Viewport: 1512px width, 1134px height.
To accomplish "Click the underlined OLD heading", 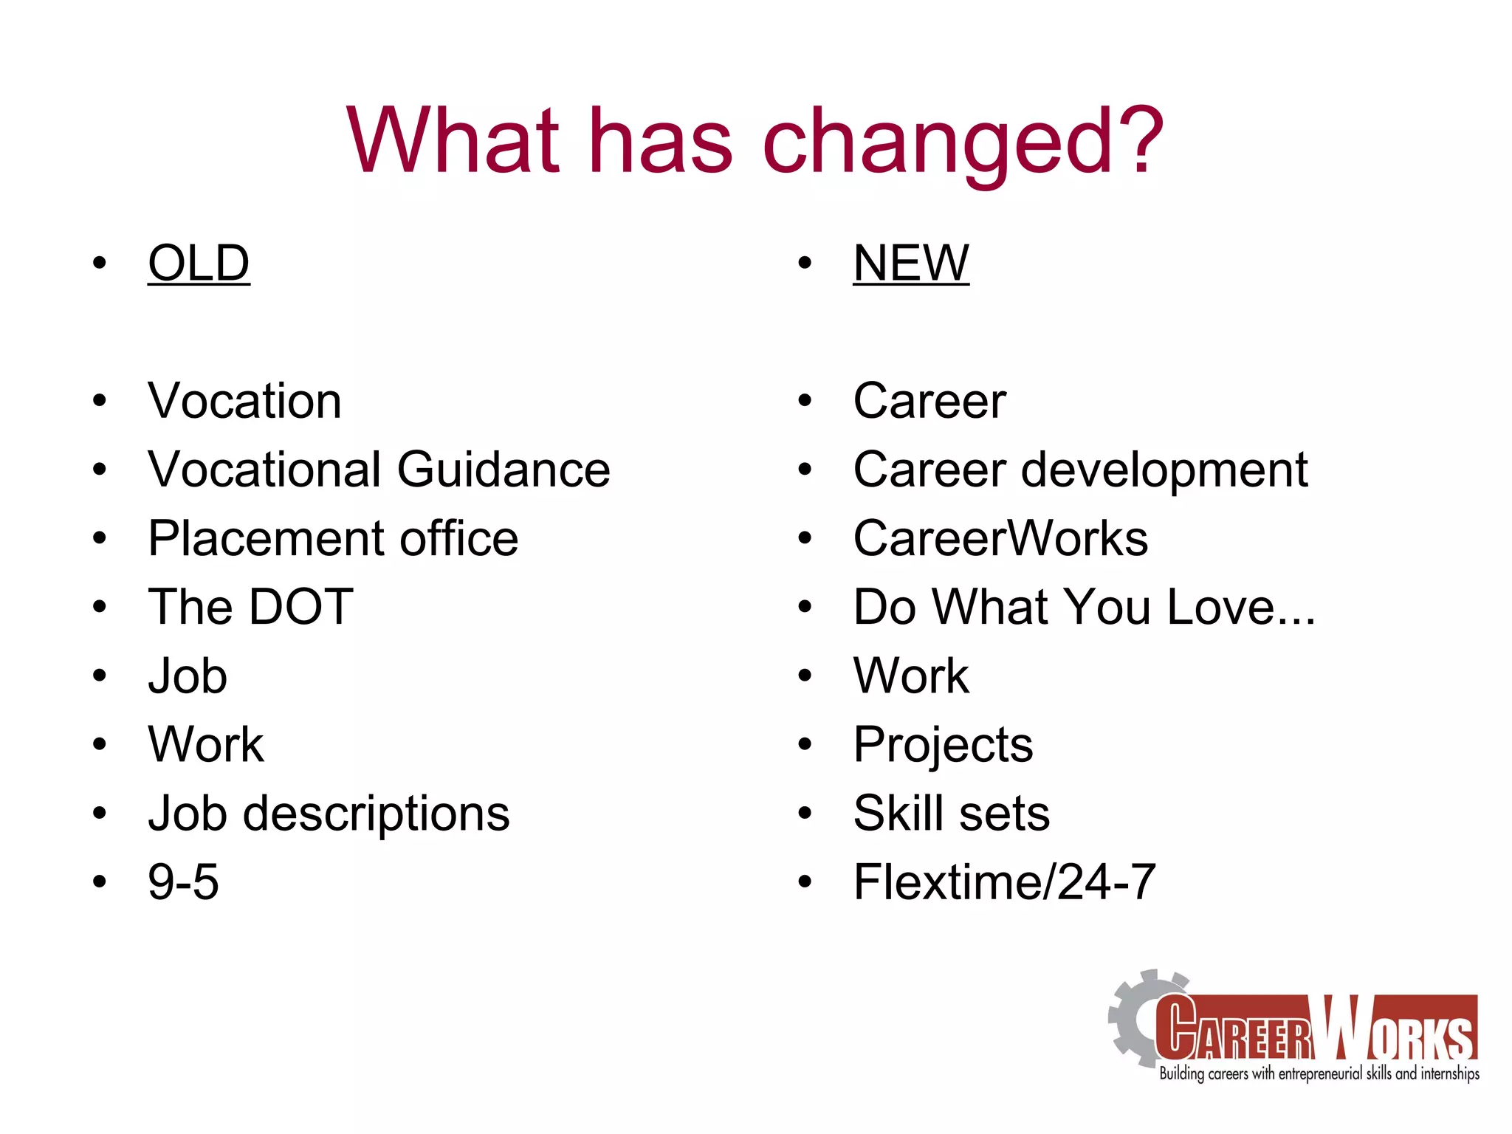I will (199, 263).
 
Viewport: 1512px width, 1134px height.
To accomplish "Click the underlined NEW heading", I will (910, 263).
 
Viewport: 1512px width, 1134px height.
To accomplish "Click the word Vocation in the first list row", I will (244, 401).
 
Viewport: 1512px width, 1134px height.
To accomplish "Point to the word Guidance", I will (504, 470).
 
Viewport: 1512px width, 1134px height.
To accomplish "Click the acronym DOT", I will (301, 607).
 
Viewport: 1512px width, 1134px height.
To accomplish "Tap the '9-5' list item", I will (183, 882).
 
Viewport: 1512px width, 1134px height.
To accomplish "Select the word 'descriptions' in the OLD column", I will (376, 814).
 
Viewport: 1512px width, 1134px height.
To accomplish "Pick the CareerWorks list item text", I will (1000, 538).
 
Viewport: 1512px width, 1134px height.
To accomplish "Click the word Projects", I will (943, 745).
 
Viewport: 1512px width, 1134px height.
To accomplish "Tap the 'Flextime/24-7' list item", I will (1004, 882).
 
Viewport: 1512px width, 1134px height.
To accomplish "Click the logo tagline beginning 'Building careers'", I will (1319, 1073).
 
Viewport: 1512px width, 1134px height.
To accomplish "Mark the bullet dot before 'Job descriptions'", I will (100, 814).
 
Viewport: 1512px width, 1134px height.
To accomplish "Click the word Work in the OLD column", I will (206, 744).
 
